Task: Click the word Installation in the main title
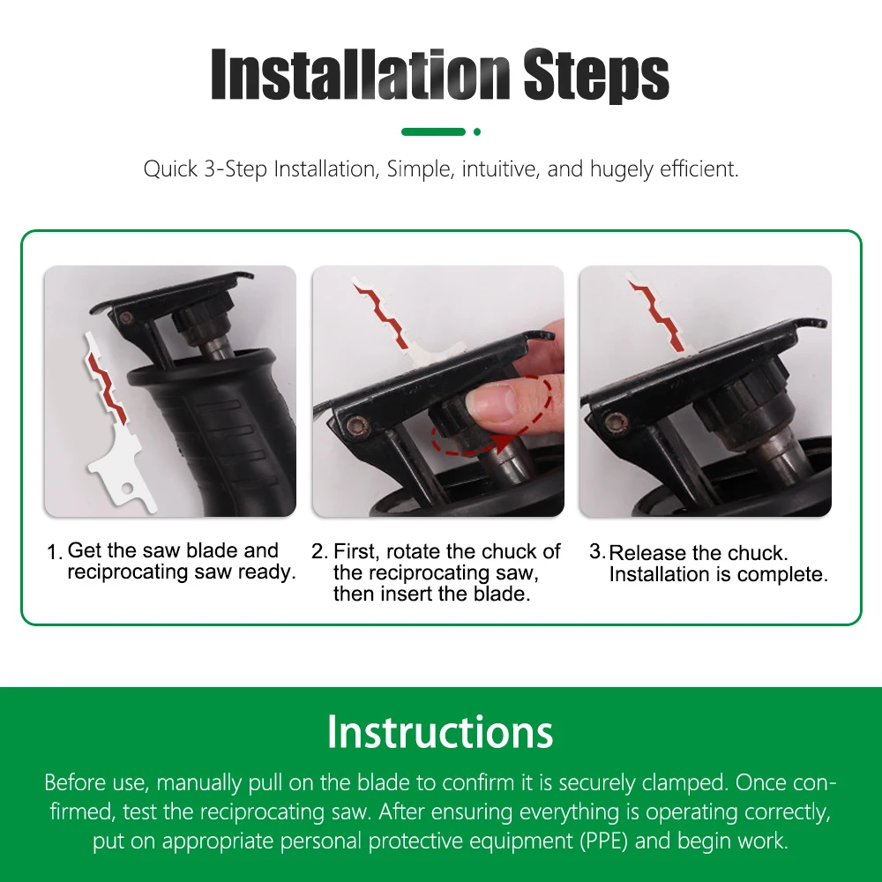[x=361, y=74]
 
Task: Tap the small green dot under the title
[x=477, y=132]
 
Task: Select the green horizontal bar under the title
[x=433, y=132]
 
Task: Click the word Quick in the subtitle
[x=170, y=168]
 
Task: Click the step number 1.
[x=54, y=552]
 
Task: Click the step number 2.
[x=319, y=551]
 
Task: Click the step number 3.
[x=597, y=551]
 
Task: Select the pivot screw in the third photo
[x=613, y=421]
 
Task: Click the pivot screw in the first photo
[x=127, y=318]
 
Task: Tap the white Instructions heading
[x=440, y=732]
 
